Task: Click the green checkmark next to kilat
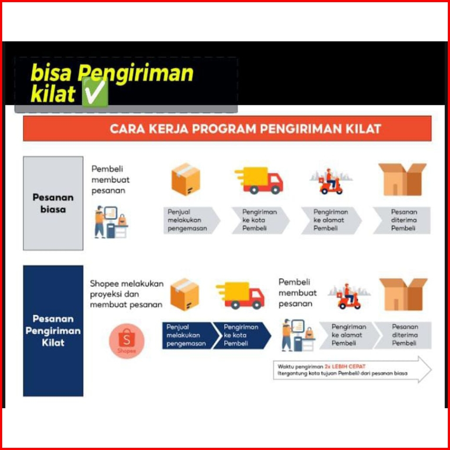95,92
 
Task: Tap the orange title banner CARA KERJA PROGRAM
227,128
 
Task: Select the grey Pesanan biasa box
53,203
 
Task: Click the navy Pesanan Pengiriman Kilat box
53,331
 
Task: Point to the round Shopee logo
127,341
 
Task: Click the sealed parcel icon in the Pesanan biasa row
186,179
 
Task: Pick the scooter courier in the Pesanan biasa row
331,181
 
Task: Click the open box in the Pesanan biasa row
403,180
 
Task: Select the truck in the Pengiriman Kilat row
240,296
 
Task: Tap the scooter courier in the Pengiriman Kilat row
349,296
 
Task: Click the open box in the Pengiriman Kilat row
403,295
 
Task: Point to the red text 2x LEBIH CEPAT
345,366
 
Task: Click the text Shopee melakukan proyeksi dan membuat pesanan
127,294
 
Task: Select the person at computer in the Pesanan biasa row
111,222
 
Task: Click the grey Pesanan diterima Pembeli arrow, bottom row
403,335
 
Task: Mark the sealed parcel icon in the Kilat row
185,295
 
